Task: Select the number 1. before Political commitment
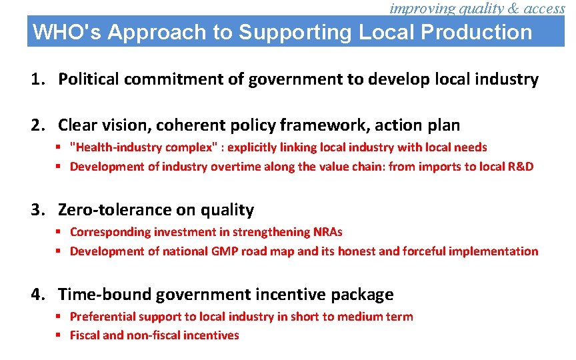tap(39, 80)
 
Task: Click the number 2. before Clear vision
tap(39, 125)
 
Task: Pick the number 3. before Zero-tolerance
tap(39, 210)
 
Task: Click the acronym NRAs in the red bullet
tap(327, 232)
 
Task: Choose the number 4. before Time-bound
tap(39, 295)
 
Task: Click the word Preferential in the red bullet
tap(103, 317)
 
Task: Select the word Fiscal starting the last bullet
tap(85, 335)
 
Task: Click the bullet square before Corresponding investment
tap(59, 232)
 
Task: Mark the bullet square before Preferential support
tap(59, 317)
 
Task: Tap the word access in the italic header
tap(541, 8)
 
